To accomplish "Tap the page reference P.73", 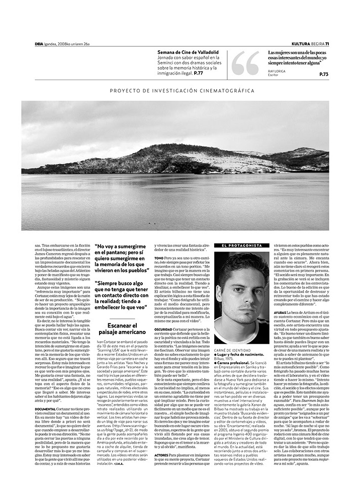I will pyautogui.click(x=323, y=74).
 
